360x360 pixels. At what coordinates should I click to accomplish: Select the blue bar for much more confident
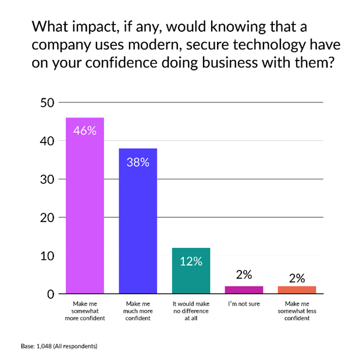tap(138, 221)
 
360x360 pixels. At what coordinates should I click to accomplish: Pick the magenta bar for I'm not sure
tap(244, 290)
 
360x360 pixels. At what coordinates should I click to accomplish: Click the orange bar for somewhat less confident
tap(297, 290)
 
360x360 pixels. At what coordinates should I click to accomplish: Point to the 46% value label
tap(85, 130)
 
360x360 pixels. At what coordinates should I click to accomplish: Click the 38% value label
tap(138, 162)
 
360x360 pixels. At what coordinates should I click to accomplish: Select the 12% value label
tap(191, 262)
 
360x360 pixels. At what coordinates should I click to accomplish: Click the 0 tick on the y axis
tap(51, 294)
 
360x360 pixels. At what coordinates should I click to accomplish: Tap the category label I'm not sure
tap(244, 304)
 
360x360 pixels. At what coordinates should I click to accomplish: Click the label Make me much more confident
tap(138, 311)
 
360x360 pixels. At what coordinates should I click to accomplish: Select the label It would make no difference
tap(191, 311)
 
